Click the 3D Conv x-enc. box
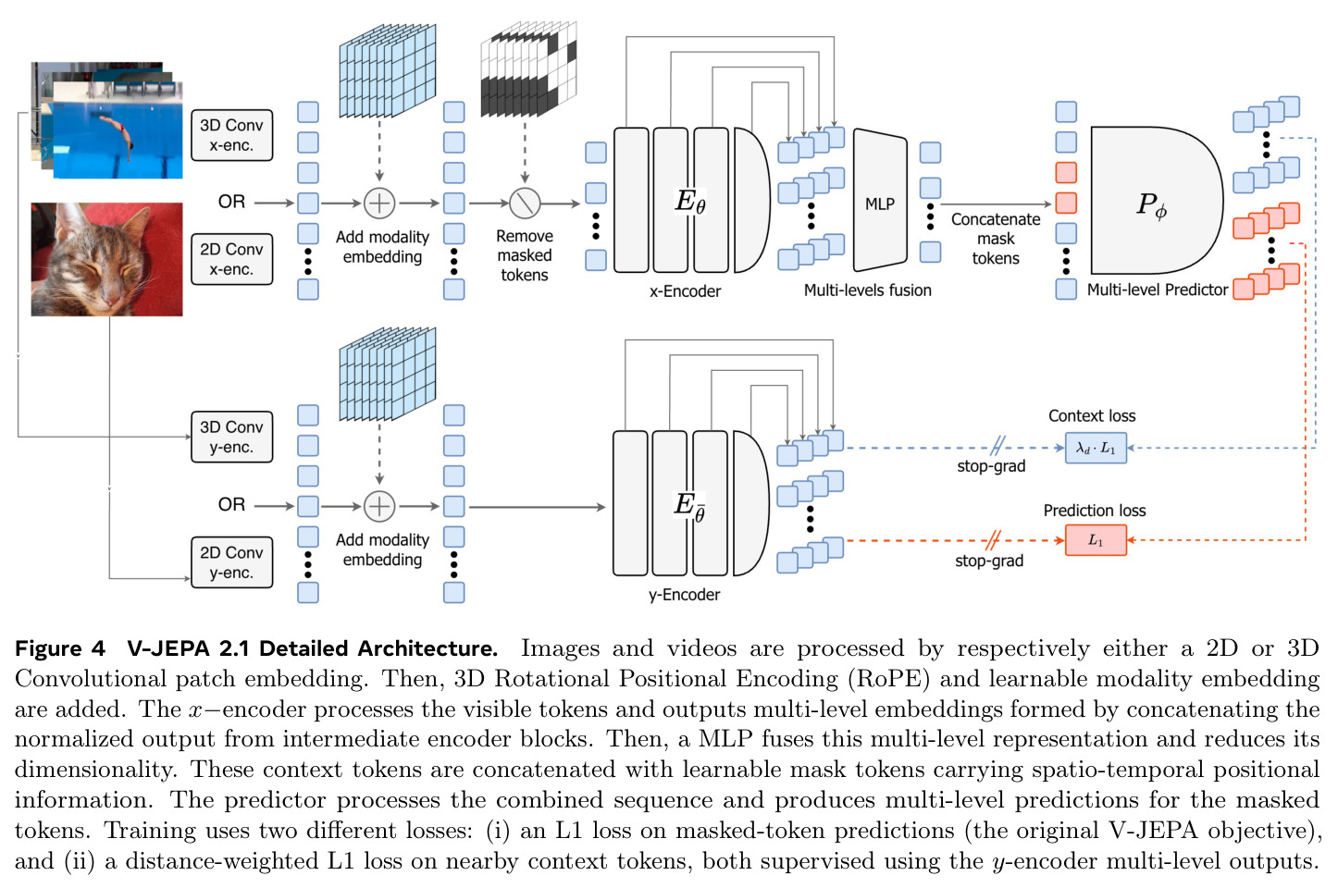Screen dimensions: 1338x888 (x=231, y=135)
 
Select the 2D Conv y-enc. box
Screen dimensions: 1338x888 (x=231, y=562)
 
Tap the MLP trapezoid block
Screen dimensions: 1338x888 (x=880, y=200)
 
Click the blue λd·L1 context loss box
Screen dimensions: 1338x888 (x=1096, y=448)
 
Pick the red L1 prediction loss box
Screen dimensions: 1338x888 (x=1096, y=540)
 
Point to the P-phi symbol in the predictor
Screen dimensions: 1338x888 (x=1151, y=206)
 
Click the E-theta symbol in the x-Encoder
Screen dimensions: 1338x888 (x=690, y=202)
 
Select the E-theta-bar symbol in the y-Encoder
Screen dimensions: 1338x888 (x=690, y=506)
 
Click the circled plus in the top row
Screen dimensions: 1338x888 (x=379, y=203)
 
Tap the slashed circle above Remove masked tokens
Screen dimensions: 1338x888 (x=525, y=203)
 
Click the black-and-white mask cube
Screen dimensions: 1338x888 (x=528, y=68)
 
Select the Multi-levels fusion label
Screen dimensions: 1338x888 (x=867, y=290)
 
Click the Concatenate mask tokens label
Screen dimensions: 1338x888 (x=996, y=239)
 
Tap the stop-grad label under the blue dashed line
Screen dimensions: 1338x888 (x=991, y=466)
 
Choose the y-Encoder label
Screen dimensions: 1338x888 (x=685, y=594)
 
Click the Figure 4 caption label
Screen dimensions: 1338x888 (x=60, y=648)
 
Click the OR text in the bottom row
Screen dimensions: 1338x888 (x=231, y=505)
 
